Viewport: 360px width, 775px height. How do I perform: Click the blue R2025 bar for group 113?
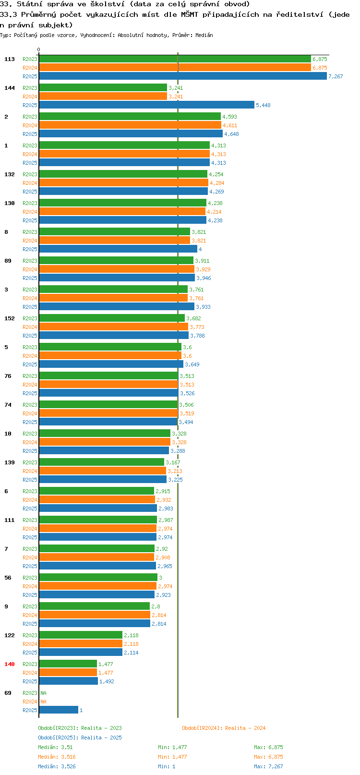(183, 76)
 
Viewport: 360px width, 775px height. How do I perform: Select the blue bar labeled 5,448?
(146, 105)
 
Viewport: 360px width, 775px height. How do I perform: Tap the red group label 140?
(9, 664)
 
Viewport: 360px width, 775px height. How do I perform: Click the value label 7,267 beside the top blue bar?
(336, 76)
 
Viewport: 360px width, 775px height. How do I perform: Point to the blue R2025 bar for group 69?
(59, 710)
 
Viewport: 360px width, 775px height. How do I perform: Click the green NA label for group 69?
(43, 693)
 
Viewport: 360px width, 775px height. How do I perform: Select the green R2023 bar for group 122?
(81, 635)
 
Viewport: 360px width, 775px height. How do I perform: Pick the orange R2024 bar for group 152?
(113, 327)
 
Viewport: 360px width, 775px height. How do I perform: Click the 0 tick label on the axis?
(38, 49)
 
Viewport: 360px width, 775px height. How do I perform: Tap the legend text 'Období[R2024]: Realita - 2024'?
(224, 728)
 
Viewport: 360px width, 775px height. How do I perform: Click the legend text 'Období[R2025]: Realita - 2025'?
(80, 738)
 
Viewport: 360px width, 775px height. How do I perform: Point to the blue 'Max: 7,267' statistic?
(268, 766)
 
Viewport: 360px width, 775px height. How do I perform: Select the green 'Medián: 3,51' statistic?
(55, 747)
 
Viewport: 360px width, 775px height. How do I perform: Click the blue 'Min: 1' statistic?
(167, 766)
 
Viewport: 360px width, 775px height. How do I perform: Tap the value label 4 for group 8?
(200, 249)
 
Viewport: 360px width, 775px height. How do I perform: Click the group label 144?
(9, 88)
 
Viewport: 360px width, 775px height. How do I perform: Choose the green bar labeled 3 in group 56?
(98, 577)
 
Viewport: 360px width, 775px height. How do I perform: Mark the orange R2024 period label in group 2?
(30, 125)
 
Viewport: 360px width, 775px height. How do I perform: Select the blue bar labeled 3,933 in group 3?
(117, 306)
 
